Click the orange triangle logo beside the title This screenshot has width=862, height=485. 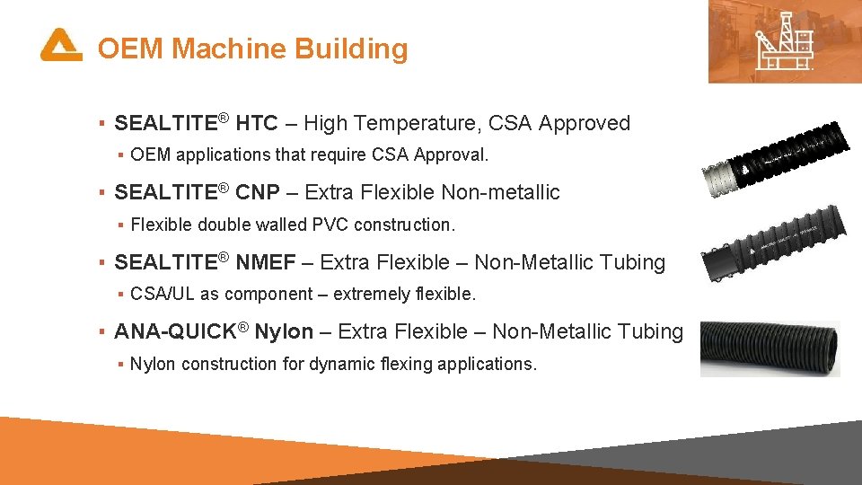point(61,46)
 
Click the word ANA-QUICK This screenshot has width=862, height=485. point(172,331)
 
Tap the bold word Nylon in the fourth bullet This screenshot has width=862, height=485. point(284,331)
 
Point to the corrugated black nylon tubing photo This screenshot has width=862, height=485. point(770,348)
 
